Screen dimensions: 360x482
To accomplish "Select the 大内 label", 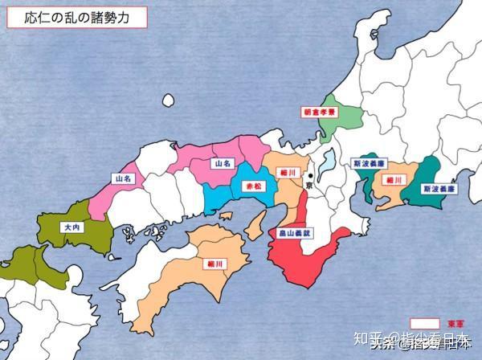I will point(71,228).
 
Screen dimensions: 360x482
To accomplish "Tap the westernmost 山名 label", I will point(123,178).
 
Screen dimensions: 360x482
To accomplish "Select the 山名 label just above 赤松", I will point(222,162).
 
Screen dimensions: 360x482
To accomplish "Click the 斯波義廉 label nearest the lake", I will point(369,163).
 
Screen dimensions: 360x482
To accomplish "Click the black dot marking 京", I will point(311,175).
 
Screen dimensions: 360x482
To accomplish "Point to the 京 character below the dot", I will point(310,186).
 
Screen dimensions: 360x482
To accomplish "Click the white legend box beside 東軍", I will point(425,323).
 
